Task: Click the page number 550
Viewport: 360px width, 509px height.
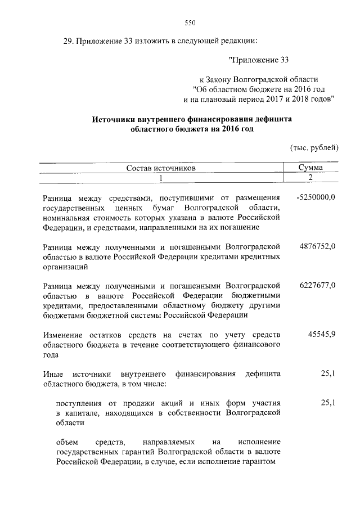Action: click(189, 22)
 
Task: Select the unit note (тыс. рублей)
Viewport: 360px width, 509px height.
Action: click(313, 148)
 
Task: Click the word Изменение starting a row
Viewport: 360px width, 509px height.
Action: click(64, 335)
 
